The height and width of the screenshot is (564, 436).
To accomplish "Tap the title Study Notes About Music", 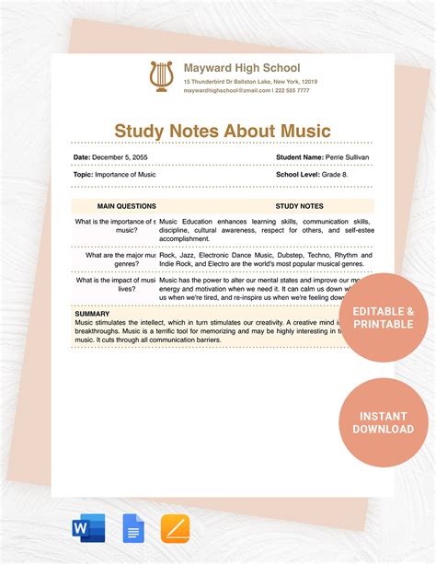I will point(222,132).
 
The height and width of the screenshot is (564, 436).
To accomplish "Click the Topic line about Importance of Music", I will point(115,174).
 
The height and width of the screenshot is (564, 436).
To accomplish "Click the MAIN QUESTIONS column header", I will point(126,206).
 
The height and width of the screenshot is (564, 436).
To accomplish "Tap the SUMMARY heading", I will point(92,314).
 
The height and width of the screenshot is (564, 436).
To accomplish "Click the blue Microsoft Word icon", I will point(88,528).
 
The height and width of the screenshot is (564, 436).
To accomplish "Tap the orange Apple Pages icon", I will point(175,528).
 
